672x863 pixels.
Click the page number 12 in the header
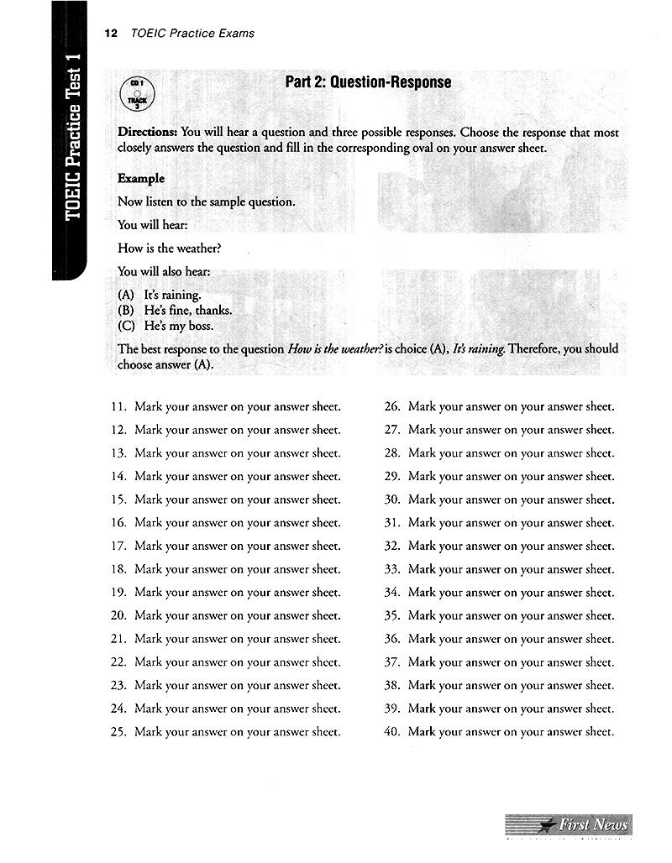[109, 34]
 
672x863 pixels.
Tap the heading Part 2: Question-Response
[368, 82]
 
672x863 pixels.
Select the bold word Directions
[148, 133]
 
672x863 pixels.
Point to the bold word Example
[141, 179]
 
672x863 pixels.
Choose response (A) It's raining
[160, 295]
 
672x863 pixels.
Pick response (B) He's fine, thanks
[175, 311]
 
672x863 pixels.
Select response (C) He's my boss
[166, 327]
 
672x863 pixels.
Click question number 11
[118, 407]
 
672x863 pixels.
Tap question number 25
[118, 732]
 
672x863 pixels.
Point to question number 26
[391, 407]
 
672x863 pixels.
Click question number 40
[391, 732]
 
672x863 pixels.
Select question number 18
[118, 569]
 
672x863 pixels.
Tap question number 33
[391, 569]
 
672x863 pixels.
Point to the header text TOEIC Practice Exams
[192, 34]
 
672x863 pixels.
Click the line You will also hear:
[164, 271]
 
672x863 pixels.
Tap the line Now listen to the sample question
[207, 202]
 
